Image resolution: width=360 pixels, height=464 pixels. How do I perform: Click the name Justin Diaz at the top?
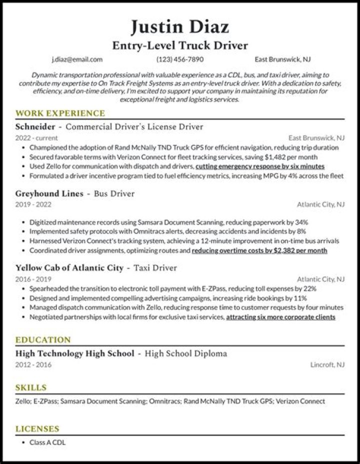pyautogui.click(x=180, y=26)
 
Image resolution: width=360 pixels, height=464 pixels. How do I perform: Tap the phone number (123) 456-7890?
pyautogui.click(x=180, y=59)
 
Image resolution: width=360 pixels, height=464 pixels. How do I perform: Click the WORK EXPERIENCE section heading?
pyautogui.click(x=60, y=113)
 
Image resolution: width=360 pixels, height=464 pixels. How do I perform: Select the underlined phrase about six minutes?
pyautogui.click(x=260, y=166)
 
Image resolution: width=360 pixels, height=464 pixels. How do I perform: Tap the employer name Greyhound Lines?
pyautogui.click(x=49, y=193)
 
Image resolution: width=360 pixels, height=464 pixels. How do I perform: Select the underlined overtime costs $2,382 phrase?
pyautogui.click(x=259, y=250)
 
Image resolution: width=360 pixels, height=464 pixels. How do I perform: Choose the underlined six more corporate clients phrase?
pyautogui.click(x=280, y=317)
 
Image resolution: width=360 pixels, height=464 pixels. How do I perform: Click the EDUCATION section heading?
pyautogui.click(x=43, y=340)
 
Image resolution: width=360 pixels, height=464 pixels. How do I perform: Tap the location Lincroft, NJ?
pyautogui.click(x=326, y=364)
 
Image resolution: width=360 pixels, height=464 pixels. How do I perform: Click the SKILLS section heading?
pyautogui.click(x=31, y=387)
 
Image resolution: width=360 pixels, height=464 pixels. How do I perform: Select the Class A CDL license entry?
pyautogui.click(x=47, y=442)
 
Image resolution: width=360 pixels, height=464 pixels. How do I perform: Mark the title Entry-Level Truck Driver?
pyautogui.click(x=180, y=45)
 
